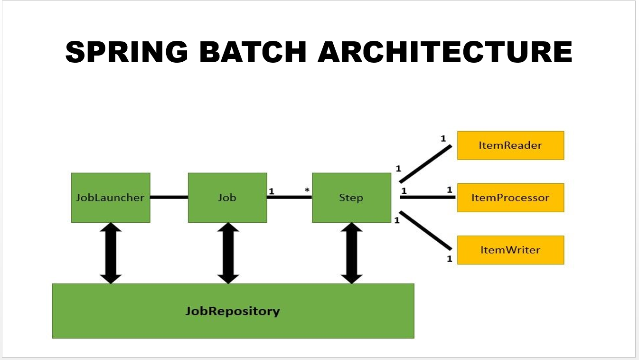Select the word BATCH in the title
(x=253, y=52)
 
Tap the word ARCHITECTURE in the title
(x=445, y=52)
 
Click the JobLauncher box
(x=111, y=198)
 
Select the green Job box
(x=227, y=198)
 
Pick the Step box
(x=351, y=198)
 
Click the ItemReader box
(x=510, y=145)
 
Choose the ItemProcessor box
(x=510, y=198)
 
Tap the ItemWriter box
(x=510, y=250)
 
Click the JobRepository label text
(x=233, y=312)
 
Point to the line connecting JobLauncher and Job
(x=169, y=197)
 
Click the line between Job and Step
(x=289, y=197)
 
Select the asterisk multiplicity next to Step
(x=307, y=191)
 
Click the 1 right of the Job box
(x=272, y=191)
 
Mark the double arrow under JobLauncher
(x=111, y=253)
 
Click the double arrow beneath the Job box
(x=228, y=253)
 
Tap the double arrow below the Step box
(x=351, y=253)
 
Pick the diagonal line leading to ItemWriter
(x=425, y=231)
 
